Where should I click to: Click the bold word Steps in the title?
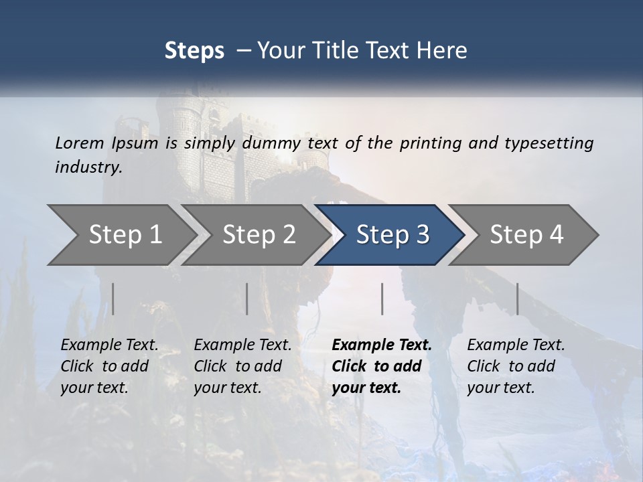(x=194, y=50)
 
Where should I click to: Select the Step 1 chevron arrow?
(x=121, y=235)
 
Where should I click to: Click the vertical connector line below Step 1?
(x=113, y=299)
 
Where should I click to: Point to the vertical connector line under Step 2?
(x=247, y=299)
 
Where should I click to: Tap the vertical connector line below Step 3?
(x=382, y=299)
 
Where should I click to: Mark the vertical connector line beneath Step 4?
(x=518, y=299)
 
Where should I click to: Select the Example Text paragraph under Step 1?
(x=109, y=366)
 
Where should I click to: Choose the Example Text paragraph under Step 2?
(x=242, y=366)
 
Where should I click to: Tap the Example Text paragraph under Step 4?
(x=516, y=366)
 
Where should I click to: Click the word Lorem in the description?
(x=80, y=143)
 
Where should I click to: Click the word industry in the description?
(x=88, y=167)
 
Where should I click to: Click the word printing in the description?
(x=429, y=143)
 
